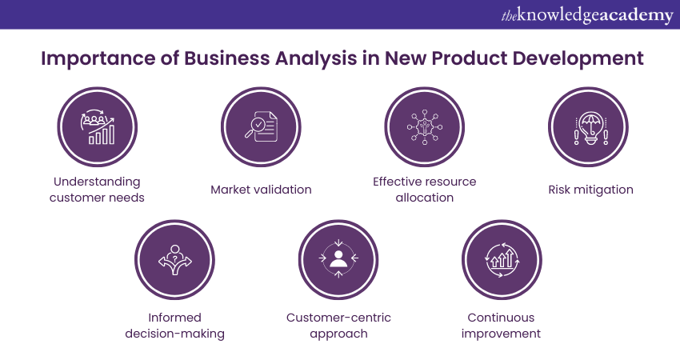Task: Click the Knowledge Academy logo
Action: click(x=587, y=16)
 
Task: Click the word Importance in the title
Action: click(x=98, y=59)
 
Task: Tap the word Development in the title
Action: click(x=578, y=58)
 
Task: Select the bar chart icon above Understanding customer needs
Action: click(x=98, y=126)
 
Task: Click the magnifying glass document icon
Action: click(x=261, y=126)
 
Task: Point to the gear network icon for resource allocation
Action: click(x=425, y=127)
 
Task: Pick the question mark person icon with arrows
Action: click(x=174, y=260)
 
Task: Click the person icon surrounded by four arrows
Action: click(x=338, y=259)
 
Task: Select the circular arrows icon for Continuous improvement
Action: click(x=502, y=260)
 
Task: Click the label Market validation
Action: click(x=261, y=190)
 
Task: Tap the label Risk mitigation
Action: click(x=590, y=190)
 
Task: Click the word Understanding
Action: click(x=97, y=182)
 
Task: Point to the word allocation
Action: click(x=425, y=198)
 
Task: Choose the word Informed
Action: click(x=174, y=318)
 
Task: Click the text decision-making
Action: click(x=174, y=334)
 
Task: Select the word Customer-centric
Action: click(x=338, y=318)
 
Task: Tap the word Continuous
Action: click(x=501, y=318)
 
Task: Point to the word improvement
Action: click(x=501, y=334)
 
